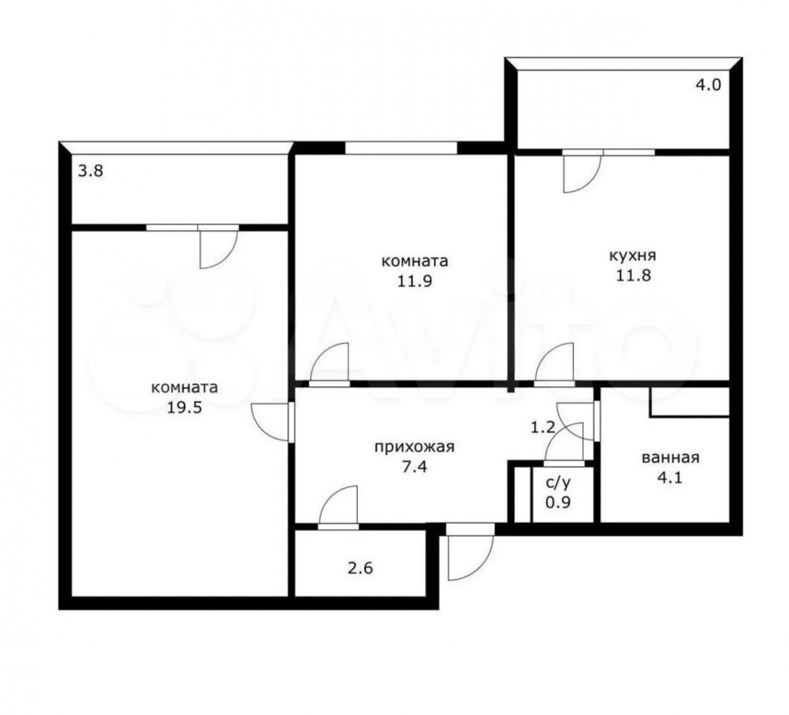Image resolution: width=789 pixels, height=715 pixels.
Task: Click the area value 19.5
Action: coord(184,407)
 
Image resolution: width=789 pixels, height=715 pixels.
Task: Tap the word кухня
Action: coord(633,256)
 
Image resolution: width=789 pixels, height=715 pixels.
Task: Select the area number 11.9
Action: coord(415,280)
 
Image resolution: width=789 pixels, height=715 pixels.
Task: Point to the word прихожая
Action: coord(414,447)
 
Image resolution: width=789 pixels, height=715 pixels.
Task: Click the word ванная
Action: coord(670,458)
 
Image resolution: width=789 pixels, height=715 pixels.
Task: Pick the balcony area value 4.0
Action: coord(708,85)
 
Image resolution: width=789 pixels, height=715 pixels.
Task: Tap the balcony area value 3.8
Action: coord(91,172)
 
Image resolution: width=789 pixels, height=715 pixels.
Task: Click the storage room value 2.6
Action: coord(360,569)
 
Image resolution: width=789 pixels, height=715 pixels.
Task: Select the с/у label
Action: coord(559,483)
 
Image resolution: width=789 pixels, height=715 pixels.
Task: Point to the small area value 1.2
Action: coord(543,428)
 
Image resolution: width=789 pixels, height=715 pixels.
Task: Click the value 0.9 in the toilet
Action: coord(559,502)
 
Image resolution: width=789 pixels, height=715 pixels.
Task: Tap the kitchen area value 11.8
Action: coord(633,275)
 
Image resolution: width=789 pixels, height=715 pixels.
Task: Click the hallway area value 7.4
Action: coord(415,467)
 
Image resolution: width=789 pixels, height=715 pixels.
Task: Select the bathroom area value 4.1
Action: coord(670,476)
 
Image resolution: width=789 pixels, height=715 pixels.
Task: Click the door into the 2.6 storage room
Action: coord(338,505)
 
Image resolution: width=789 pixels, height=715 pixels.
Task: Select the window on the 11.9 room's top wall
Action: coord(401,148)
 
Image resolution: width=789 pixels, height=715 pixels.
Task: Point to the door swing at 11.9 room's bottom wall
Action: coord(329,362)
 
